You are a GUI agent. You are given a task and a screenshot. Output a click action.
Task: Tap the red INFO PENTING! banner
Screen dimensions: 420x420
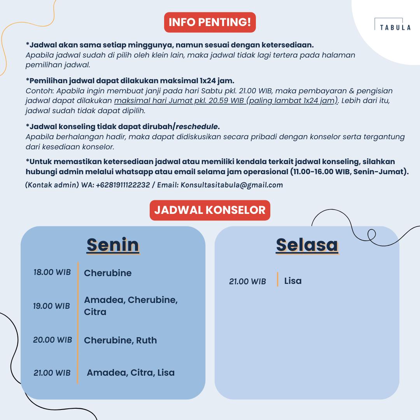210,22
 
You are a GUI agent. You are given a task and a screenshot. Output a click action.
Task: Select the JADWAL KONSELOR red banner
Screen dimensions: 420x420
210,210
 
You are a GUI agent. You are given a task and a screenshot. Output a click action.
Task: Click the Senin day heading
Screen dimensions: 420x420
113,245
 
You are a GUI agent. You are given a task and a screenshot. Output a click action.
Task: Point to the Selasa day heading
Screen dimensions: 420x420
307,245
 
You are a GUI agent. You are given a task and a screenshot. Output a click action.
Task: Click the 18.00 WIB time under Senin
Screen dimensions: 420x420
52,272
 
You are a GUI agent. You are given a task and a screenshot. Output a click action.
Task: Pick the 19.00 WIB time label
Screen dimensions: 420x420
52,306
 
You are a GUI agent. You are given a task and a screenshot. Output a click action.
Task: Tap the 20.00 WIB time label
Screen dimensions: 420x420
52,340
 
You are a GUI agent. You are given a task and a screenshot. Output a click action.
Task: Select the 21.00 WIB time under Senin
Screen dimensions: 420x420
52,373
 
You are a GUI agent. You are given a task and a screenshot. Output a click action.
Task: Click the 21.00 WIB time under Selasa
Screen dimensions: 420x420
248,281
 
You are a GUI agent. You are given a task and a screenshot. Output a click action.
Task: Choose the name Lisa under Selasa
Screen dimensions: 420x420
293,281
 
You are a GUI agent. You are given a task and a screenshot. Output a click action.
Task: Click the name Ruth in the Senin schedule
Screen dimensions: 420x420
146,340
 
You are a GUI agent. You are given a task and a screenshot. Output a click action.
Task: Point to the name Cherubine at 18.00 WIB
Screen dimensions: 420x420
108,273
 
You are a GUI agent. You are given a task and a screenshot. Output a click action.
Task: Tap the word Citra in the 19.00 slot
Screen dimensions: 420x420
95,312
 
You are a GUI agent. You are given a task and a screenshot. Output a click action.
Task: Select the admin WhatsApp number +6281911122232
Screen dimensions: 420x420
122,185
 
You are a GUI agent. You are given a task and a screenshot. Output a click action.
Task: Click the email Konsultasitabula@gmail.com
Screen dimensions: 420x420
232,185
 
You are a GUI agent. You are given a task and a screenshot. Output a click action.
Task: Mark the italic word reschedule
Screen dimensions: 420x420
197,127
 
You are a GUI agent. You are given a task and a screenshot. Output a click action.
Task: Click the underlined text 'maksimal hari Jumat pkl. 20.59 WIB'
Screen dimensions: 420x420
179,101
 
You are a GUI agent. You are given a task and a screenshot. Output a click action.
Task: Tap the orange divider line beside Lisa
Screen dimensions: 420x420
278,279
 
